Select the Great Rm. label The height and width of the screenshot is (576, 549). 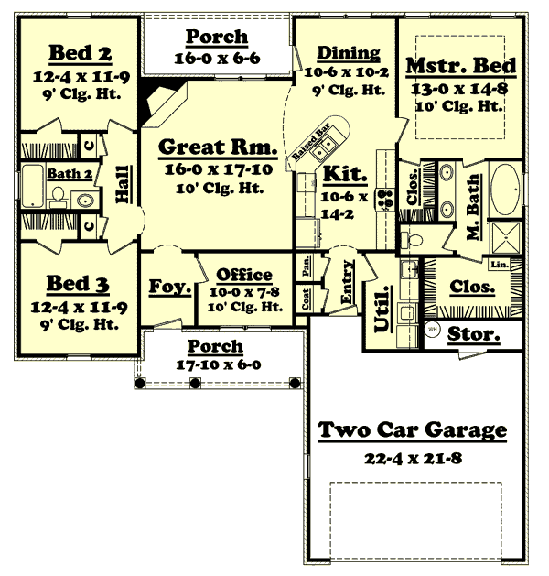pyautogui.click(x=217, y=147)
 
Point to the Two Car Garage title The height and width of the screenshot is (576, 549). pyautogui.click(x=412, y=430)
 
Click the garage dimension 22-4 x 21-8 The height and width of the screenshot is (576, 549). pyautogui.click(x=413, y=456)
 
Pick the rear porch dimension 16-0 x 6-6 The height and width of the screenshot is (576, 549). pyautogui.click(x=217, y=57)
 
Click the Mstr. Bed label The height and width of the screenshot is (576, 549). pyautogui.click(x=461, y=67)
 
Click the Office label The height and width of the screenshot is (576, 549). pyautogui.click(x=244, y=275)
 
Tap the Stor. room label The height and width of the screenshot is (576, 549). pyautogui.click(x=474, y=336)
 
